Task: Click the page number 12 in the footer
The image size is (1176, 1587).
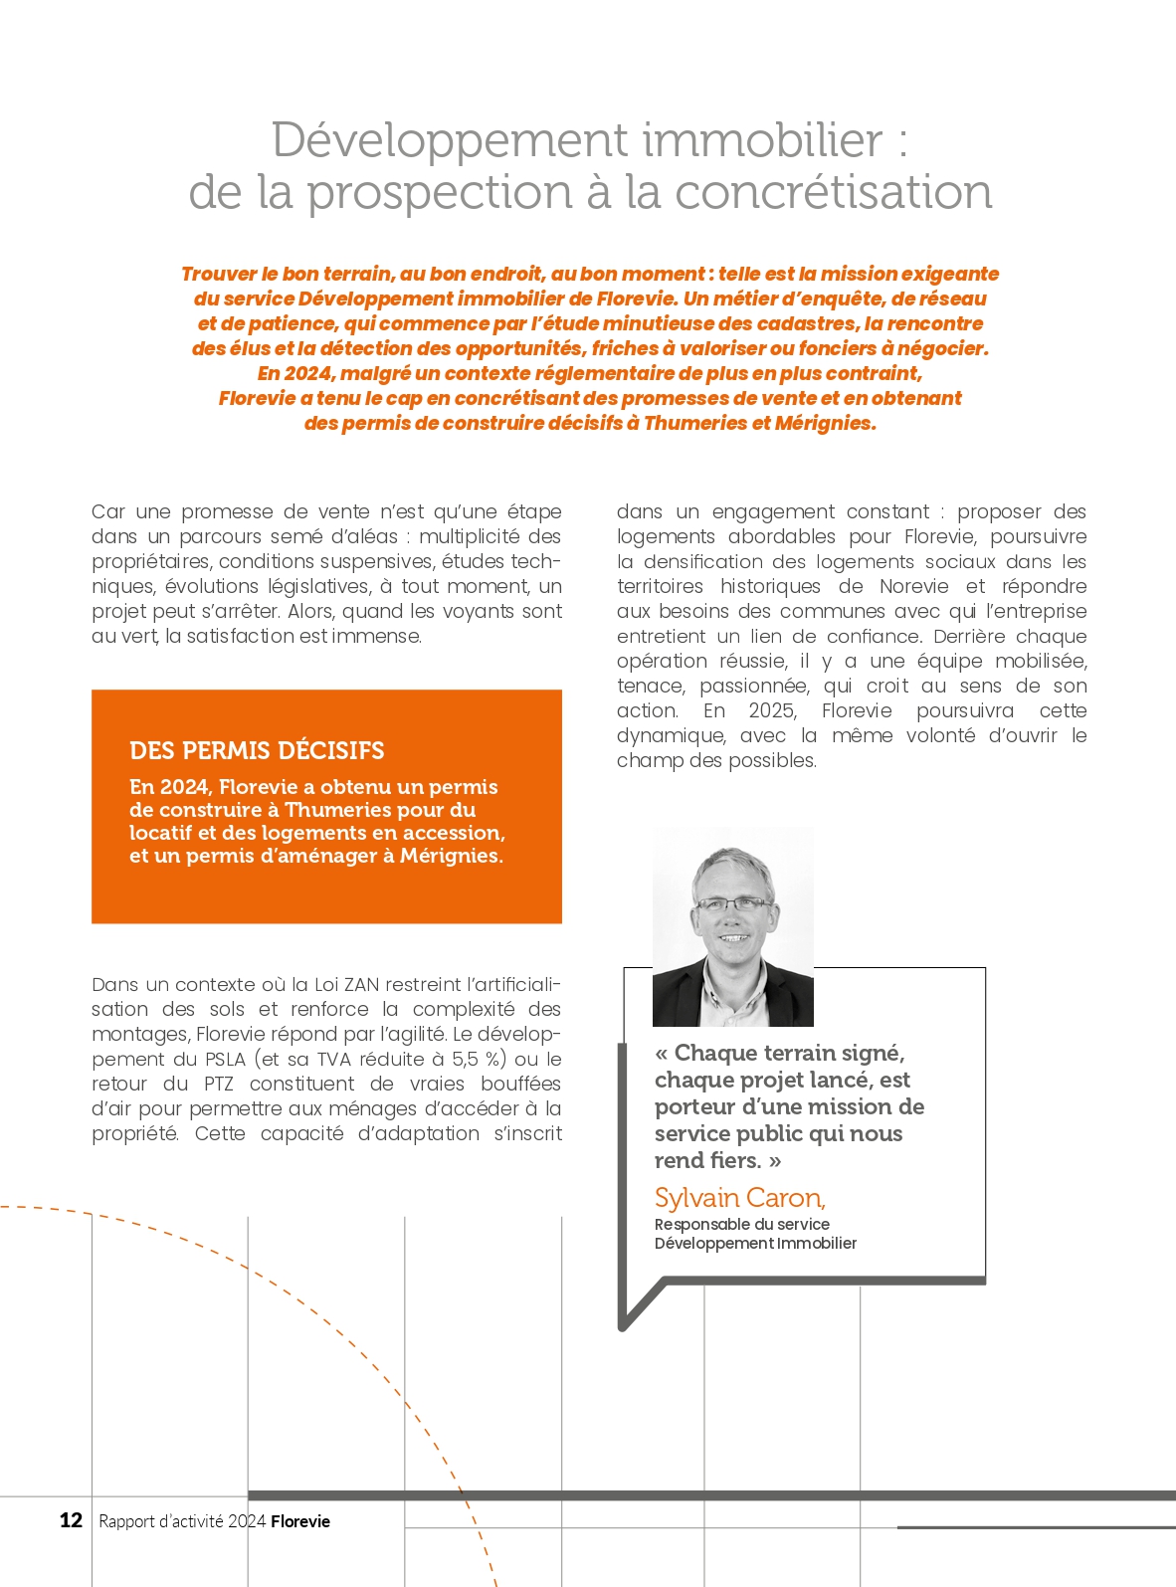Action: click(71, 1520)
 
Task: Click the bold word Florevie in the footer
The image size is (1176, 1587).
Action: click(300, 1521)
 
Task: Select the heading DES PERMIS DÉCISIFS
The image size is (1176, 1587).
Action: click(257, 750)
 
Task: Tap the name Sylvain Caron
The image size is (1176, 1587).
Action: click(739, 1198)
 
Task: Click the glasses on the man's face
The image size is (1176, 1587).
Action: click(732, 904)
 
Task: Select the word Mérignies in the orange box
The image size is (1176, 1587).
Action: click(450, 856)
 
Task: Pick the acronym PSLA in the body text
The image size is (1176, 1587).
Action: click(225, 1060)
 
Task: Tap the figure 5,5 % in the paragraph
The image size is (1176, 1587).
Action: click(479, 1060)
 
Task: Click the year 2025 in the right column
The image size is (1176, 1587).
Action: click(772, 711)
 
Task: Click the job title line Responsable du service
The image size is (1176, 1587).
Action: click(741, 1225)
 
